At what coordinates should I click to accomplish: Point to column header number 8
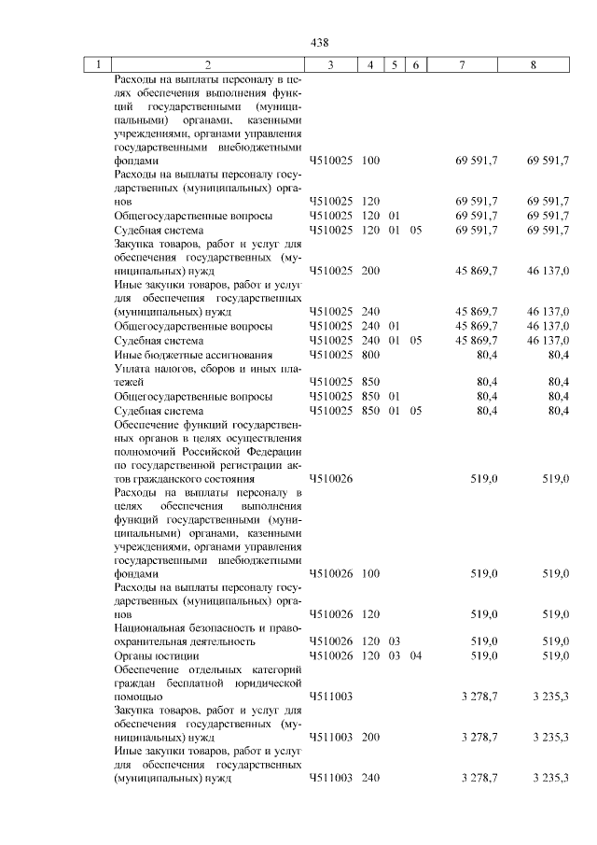534,64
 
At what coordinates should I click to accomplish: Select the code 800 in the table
370,355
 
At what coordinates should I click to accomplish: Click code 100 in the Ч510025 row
370,162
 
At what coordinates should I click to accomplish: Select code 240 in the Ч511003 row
370,778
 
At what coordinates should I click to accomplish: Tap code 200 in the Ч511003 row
370,738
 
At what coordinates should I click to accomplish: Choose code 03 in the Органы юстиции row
395,656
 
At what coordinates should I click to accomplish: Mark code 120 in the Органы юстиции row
370,656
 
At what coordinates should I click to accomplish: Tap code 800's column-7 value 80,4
486,355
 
